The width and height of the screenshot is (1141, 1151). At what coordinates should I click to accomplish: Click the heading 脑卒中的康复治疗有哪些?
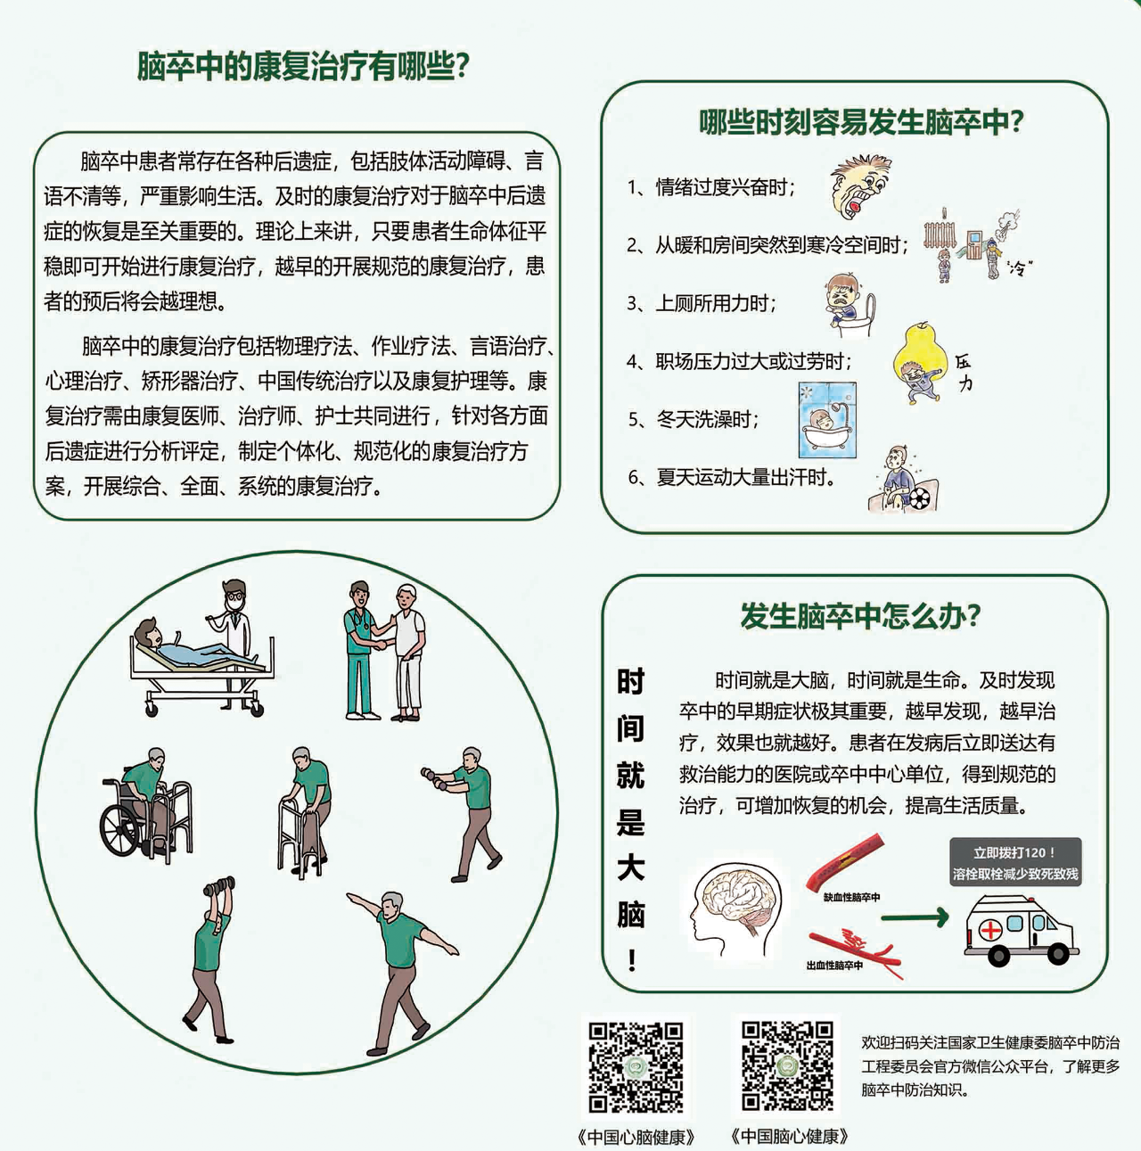tap(303, 66)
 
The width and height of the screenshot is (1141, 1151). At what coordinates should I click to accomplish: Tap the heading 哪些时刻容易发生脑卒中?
tap(860, 122)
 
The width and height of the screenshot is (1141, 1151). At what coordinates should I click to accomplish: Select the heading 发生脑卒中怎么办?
tap(860, 616)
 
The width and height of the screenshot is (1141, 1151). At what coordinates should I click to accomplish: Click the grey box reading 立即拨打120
tap(1015, 862)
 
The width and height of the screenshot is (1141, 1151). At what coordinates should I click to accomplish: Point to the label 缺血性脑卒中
tap(851, 897)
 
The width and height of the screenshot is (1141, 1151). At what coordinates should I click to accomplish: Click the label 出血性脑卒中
tap(834, 966)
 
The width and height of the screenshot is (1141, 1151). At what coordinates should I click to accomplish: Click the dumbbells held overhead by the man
tap(218, 886)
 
